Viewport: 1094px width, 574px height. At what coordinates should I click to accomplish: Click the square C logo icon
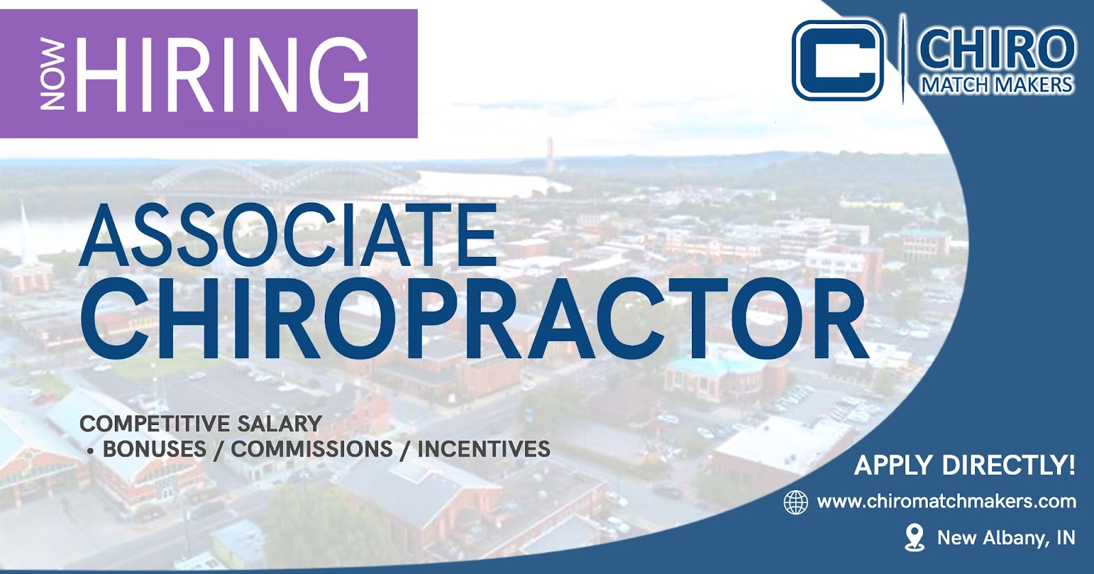[838, 60]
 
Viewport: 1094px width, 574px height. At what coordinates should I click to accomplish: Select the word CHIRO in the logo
[998, 49]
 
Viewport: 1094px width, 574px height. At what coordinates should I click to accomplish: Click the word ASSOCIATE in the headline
[288, 235]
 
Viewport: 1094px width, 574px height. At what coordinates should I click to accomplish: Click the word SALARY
[280, 423]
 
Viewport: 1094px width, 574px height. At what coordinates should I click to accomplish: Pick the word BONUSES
[155, 449]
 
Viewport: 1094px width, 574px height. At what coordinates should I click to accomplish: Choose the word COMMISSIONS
[312, 449]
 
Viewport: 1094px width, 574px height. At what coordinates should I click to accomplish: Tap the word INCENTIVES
[484, 449]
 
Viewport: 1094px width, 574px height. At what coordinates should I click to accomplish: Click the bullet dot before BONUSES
[90, 452]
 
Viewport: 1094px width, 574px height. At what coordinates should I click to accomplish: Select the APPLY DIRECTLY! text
[965, 465]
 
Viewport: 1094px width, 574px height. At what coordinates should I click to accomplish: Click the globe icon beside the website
[795, 502]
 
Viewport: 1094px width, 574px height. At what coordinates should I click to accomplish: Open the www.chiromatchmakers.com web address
[946, 502]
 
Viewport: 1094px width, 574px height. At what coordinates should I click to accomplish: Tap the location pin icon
[914, 537]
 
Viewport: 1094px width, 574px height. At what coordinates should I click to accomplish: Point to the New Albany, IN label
[1006, 538]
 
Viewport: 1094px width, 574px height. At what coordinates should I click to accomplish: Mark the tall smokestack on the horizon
[550, 154]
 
